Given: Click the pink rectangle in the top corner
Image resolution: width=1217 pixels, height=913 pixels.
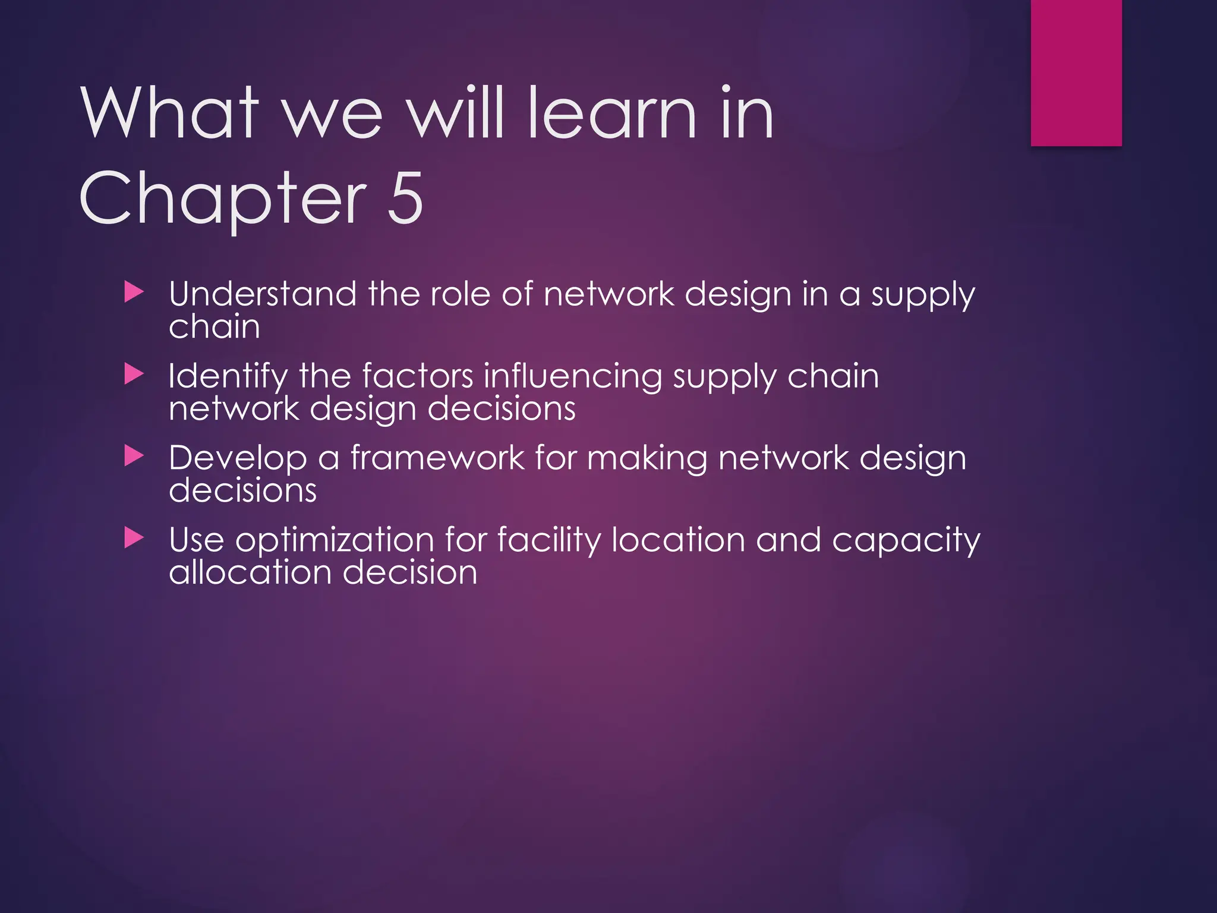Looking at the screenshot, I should point(1076,73).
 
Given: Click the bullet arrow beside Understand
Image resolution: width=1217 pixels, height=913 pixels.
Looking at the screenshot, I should point(134,292).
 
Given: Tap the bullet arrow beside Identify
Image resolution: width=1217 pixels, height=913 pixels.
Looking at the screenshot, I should point(134,374).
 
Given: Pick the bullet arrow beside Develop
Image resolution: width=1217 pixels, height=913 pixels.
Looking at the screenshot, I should point(134,456).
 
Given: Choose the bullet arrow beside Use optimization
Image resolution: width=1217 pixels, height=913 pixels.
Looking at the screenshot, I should point(134,539).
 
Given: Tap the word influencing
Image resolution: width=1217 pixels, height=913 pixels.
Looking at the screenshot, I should point(573,377).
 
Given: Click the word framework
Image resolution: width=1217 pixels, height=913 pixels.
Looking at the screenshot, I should point(437,458).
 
